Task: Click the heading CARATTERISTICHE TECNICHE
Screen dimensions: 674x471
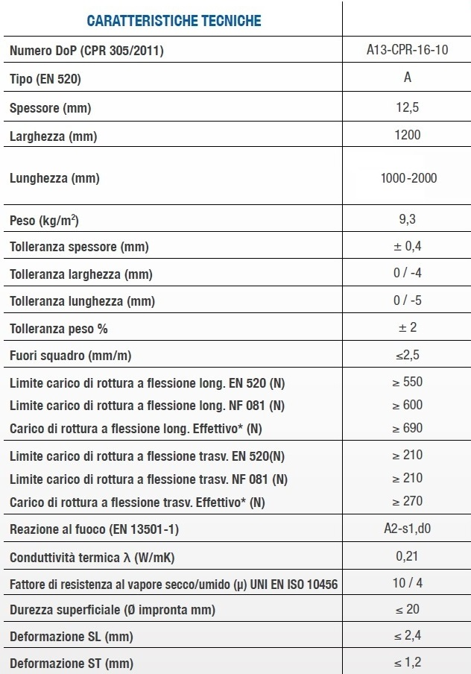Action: (x=174, y=21)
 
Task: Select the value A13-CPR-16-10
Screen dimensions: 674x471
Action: (x=407, y=51)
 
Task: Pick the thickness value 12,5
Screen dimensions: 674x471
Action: (x=407, y=107)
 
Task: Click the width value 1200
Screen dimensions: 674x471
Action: (x=407, y=135)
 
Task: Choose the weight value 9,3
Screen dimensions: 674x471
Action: (x=407, y=219)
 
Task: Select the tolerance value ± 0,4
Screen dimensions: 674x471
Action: (x=408, y=246)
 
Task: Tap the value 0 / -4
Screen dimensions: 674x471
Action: (x=408, y=273)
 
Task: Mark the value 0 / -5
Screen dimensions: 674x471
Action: (x=408, y=300)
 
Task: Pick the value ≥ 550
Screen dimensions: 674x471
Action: (x=407, y=382)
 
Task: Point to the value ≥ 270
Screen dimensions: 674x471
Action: (x=407, y=501)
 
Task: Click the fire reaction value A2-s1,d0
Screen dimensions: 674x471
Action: (x=408, y=529)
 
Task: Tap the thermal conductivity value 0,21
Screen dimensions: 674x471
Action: (x=407, y=556)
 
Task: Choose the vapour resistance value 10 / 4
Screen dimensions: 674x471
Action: (x=408, y=582)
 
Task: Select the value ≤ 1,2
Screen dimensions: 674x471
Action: (x=407, y=662)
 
